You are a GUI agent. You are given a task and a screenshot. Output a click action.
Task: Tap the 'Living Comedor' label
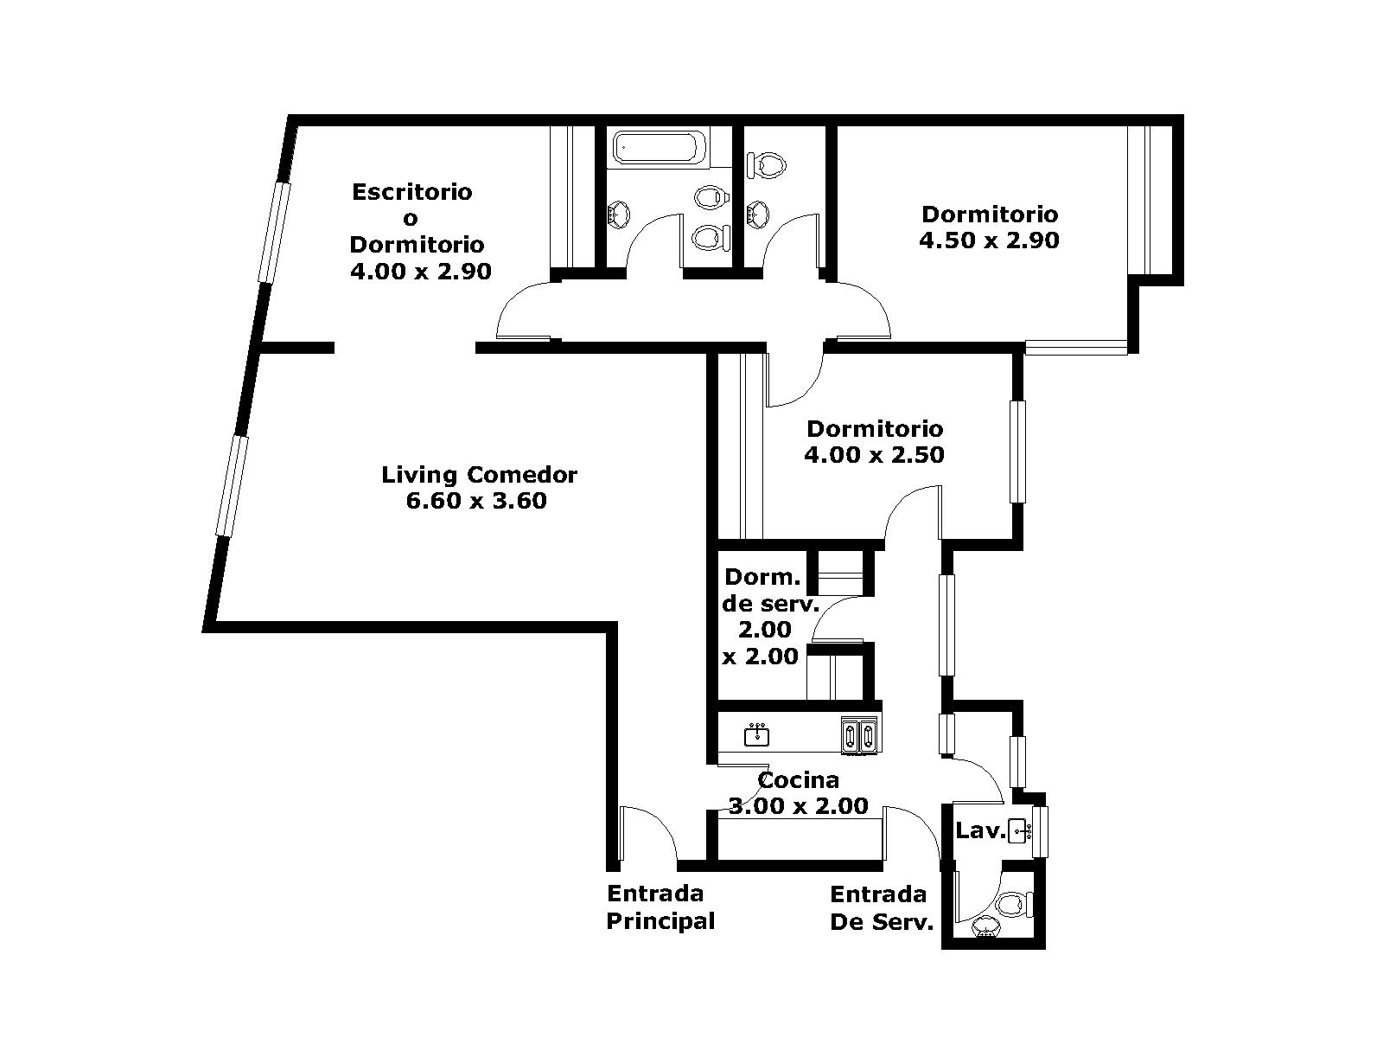[x=480, y=475]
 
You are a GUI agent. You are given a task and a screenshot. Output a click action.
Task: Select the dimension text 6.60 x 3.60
[x=476, y=501]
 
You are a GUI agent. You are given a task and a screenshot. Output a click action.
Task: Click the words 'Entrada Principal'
[x=660, y=907]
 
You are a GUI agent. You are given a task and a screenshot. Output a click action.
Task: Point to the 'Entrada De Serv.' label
[x=882, y=908]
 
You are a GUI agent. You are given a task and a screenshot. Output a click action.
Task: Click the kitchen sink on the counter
[x=756, y=735]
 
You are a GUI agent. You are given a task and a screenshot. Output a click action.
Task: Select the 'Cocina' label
[x=799, y=780]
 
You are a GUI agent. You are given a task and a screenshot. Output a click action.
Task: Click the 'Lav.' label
[x=980, y=830]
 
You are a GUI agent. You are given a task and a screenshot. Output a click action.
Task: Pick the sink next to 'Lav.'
[x=1019, y=830]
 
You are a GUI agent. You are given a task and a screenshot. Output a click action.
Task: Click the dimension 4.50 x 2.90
[x=989, y=240]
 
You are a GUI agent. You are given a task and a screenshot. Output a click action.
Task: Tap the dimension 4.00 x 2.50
[x=875, y=454]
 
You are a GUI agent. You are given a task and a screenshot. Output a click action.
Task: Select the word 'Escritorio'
[x=412, y=191]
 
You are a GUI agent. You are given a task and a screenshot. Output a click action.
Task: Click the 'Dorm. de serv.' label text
[x=770, y=590]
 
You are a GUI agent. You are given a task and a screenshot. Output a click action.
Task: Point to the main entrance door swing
[x=649, y=833]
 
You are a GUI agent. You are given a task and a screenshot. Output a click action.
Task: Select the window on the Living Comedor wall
[x=232, y=486]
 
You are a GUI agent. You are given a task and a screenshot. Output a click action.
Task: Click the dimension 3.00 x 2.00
[x=799, y=806]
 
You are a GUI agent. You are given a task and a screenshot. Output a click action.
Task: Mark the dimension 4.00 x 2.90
[x=421, y=272]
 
